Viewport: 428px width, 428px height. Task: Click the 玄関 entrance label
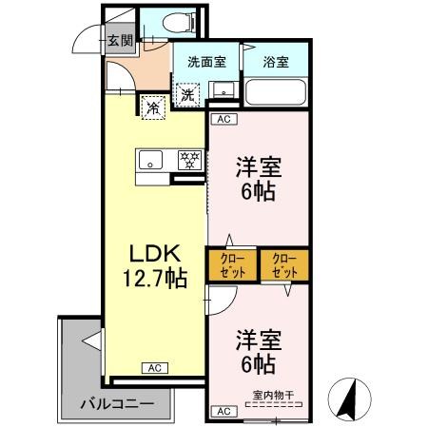119,41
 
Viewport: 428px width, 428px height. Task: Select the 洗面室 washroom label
205,62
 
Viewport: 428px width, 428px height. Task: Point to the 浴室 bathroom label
276,62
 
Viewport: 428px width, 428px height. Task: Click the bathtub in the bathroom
275,92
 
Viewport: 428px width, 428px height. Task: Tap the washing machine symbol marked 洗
187,94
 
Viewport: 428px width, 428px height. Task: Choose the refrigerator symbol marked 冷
152,107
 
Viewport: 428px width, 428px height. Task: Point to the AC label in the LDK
153,367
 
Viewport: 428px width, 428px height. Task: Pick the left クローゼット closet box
231,264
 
